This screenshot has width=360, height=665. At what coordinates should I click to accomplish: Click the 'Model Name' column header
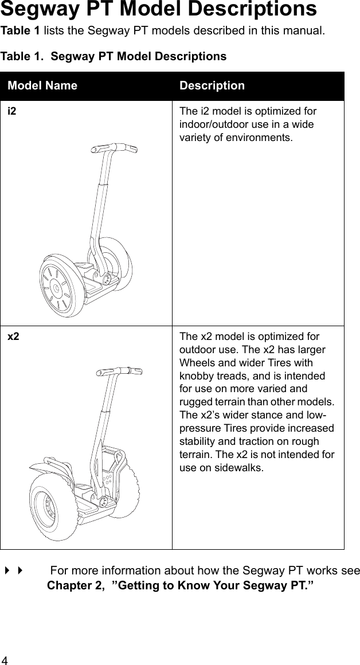click(42, 85)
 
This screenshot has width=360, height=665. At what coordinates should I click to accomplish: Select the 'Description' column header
click(212, 85)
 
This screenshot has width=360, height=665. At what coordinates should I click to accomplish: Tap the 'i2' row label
click(11, 111)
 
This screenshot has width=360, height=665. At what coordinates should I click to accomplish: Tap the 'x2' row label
click(13, 336)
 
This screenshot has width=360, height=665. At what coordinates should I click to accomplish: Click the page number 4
click(5, 659)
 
